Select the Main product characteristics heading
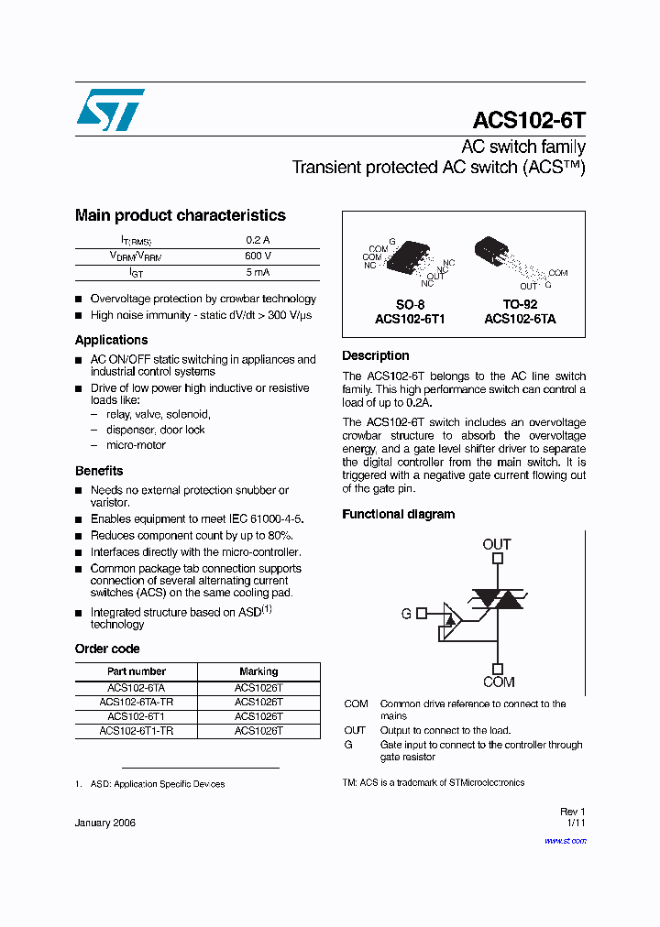pos(180,215)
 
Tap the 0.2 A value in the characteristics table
pos(258,240)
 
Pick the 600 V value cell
pos(258,256)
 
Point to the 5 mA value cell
pos(258,273)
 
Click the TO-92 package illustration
pos(492,250)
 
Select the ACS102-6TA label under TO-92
pos(520,319)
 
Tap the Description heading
pos(375,355)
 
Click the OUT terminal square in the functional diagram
pos(497,558)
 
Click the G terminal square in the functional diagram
pos(422,613)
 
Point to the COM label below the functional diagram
pos(499,682)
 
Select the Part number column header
pos(136,671)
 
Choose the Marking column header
pos(258,671)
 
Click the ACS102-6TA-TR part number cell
pos(136,702)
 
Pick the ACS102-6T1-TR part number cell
pos(136,731)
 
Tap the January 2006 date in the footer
pos(104,823)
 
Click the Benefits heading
pos(99,471)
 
